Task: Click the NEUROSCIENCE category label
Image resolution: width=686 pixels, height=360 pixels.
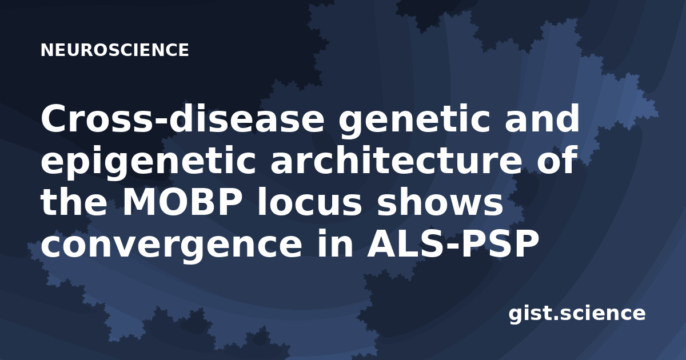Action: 115,50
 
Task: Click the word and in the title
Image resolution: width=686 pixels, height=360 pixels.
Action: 542,118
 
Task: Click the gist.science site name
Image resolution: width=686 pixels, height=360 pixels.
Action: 577,314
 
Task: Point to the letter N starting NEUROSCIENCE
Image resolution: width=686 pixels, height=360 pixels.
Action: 46,50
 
